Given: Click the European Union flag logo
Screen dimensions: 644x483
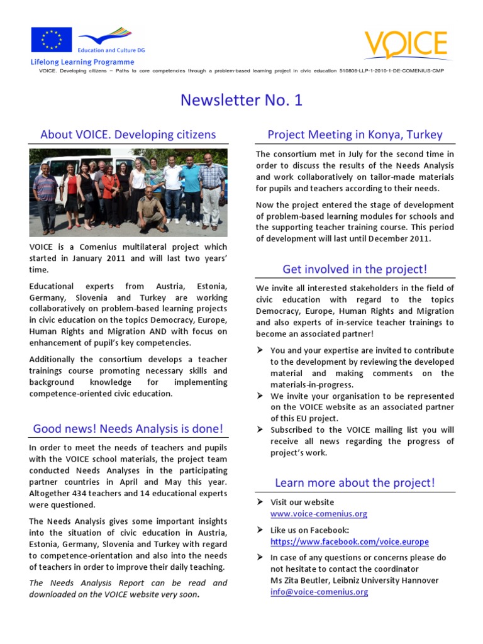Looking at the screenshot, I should [x=52, y=40].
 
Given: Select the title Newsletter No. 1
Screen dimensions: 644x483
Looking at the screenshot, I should [x=241, y=100].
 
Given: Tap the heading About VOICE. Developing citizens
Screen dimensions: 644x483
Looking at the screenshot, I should [x=128, y=135].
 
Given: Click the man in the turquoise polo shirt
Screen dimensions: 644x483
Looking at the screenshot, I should [x=191, y=186].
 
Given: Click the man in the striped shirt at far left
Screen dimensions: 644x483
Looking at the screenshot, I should [x=45, y=195].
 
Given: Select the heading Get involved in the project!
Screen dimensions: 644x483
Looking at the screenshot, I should [x=355, y=269].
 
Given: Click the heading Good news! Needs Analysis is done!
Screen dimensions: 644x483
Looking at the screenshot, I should [x=128, y=429].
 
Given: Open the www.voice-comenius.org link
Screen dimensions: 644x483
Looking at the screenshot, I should [x=318, y=514].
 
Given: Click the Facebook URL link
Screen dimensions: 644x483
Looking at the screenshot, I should [x=349, y=541].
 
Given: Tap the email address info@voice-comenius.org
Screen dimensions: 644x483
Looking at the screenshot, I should [x=319, y=592].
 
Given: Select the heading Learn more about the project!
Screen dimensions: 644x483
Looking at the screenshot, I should [x=355, y=483].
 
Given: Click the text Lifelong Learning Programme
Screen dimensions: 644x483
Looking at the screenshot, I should [x=82, y=62].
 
